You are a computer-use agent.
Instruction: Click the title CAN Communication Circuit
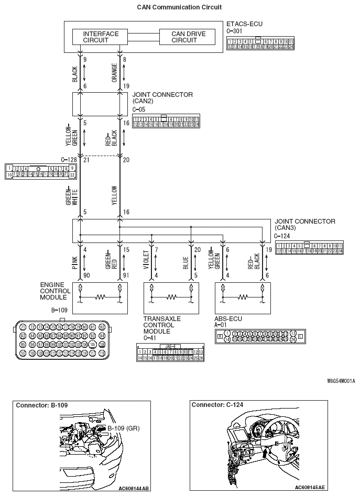[179, 7]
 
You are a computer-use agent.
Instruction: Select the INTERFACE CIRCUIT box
[101, 37]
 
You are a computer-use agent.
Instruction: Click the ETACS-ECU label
[244, 24]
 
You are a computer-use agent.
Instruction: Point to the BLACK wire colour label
[74, 74]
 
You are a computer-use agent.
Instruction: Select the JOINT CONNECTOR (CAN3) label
[304, 225]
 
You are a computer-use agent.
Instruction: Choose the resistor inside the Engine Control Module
[100, 297]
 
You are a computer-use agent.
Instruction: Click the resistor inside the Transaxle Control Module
[171, 297]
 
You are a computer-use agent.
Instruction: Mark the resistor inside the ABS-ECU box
[243, 297]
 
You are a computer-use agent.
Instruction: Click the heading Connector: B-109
[42, 405]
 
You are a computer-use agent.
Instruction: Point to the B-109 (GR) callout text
[124, 428]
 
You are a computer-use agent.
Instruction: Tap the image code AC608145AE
[309, 488]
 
